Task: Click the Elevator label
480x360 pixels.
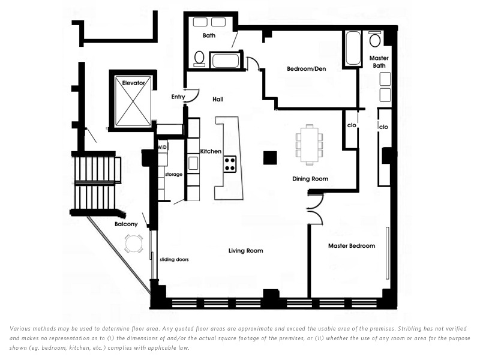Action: tap(133, 83)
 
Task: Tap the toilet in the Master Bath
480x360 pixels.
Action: tap(374, 38)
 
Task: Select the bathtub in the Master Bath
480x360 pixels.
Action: tap(353, 48)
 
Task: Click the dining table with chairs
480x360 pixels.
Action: tap(310, 145)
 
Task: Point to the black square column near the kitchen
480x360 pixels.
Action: tap(271, 158)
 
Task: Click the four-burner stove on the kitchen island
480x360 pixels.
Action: tap(230, 164)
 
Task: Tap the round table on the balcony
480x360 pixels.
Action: tap(134, 244)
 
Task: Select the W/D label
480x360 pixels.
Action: tap(162, 147)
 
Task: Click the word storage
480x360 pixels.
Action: tap(173, 175)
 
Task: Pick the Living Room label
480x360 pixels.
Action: tap(245, 251)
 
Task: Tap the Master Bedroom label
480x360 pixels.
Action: tap(352, 246)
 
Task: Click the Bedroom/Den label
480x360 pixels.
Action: tap(307, 69)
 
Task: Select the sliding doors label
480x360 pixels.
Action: tap(174, 260)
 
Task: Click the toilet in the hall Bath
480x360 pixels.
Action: tap(199, 58)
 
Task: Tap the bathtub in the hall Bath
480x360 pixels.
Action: tap(226, 61)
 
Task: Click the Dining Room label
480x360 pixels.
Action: tap(310, 179)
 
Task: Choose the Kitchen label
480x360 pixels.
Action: tap(211, 151)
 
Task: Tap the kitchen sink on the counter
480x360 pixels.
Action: tap(193, 163)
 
